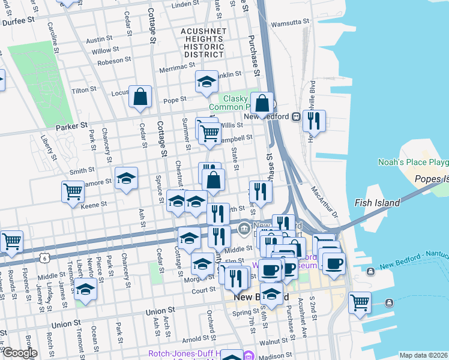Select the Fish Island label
(x=377, y=203)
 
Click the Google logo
(x=19, y=353)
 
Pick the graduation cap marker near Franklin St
(x=206, y=82)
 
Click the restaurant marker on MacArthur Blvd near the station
(x=314, y=121)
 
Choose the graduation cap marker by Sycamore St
(x=126, y=178)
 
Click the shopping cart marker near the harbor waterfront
(x=360, y=302)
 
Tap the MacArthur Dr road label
(x=324, y=202)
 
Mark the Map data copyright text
(x=423, y=355)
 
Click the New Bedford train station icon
(x=296, y=117)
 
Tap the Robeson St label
(x=115, y=61)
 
